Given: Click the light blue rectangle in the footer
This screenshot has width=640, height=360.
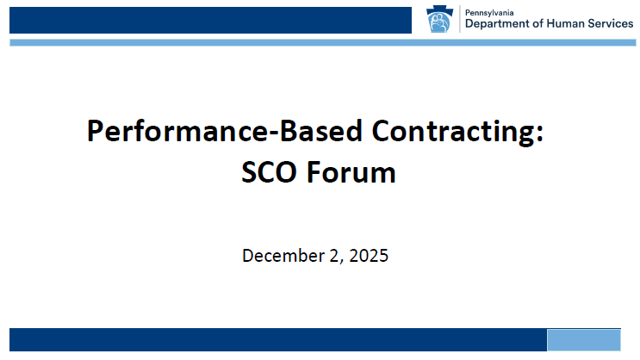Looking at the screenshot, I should click(584, 339).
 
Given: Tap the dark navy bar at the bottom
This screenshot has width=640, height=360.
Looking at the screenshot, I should click(276, 339).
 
